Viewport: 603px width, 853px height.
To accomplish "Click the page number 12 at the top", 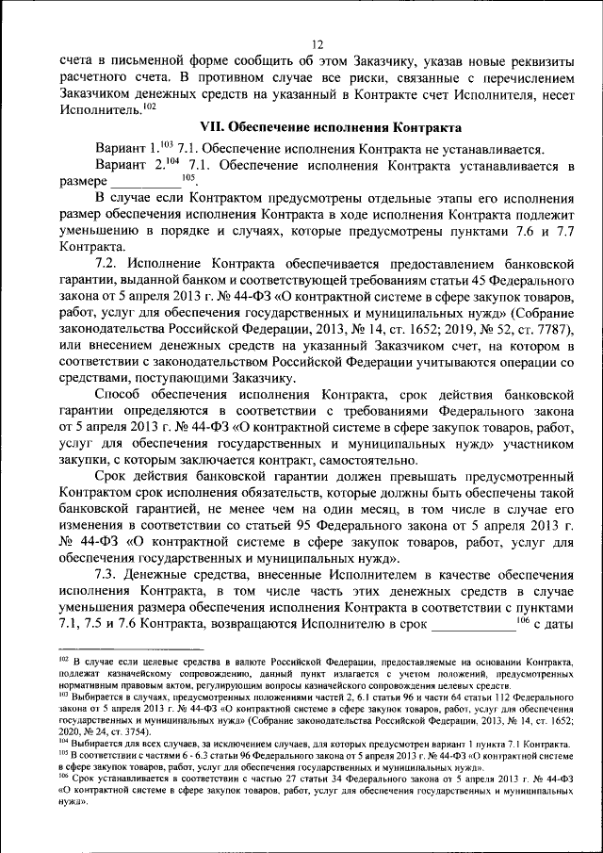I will click(x=317, y=44).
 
